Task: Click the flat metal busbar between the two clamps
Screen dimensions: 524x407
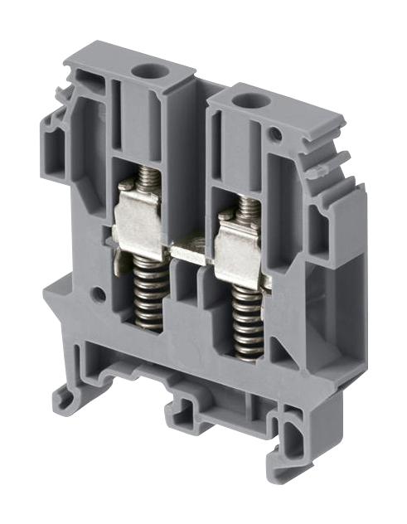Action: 193,249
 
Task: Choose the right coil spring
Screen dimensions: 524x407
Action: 248,327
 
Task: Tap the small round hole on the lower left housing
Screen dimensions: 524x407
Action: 99,293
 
